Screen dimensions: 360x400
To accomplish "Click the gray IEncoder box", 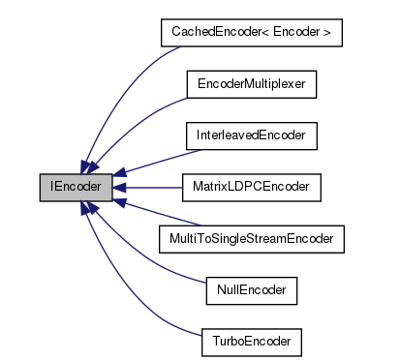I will (76, 187).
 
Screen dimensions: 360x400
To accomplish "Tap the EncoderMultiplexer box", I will (251, 84).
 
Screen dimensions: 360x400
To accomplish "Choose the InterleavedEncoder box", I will (251, 135).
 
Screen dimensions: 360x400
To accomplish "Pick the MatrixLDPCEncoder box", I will (251, 187).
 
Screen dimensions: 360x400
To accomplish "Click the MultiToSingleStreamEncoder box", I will (251, 238).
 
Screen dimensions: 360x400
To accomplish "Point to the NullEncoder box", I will (251, 289).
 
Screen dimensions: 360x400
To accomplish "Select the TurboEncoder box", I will (251, 341).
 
